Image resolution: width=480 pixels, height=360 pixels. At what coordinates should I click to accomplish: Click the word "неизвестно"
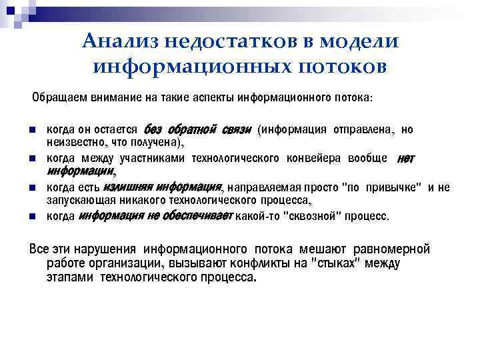point(71,141)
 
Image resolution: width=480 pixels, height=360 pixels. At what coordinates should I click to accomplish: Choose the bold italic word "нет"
point(405,158)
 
